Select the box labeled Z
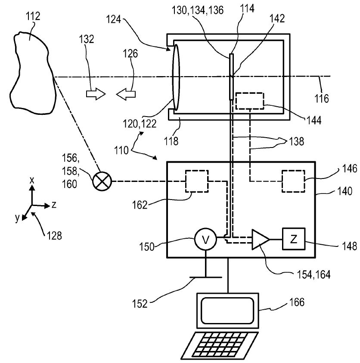(294, 239)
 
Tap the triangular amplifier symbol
(261, 240)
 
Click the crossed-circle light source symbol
(102, 181)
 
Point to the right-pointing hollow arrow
(96, 94)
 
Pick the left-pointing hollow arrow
(126, 94)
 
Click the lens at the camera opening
(176, 77)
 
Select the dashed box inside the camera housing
(250, 101)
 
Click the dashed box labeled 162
(196, 181)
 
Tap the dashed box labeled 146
(293, 181)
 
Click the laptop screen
(228, 311)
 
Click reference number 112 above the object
(33, 16)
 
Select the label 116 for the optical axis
(322, 98)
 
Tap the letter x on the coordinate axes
(32, 180)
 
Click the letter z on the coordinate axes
(54, 205)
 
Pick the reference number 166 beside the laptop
(297, 302)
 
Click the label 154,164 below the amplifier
(313, 274)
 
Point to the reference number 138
(297, 141)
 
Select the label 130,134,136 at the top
(198, 10)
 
